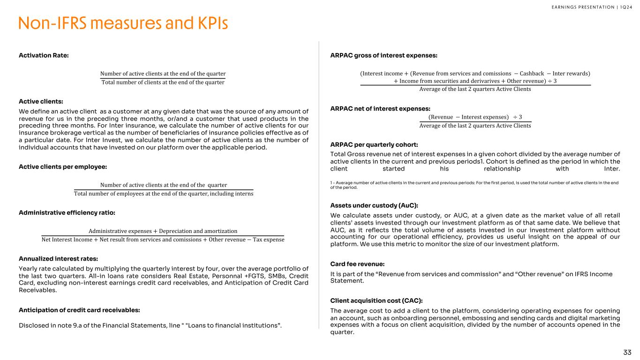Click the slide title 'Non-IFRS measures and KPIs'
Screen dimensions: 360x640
tap(123, 23)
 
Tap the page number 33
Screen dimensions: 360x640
tap(627, 352)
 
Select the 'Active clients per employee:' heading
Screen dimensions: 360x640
tap(63, 166)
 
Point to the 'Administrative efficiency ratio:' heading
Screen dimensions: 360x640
tap(67, 212)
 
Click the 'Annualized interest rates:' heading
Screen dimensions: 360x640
tap(58, 258)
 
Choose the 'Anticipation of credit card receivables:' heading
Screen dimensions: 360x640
tap(79, 309)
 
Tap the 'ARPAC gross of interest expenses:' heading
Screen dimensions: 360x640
tap(384, 55)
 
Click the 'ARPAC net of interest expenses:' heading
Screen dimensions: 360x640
tap(380, 109)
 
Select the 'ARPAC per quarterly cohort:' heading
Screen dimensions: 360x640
tap(374, 144)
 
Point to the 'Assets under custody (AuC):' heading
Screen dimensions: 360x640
tap(374, 205)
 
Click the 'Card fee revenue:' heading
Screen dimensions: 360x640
tap(357, 264)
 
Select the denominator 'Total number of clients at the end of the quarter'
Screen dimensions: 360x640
tap(163, 82)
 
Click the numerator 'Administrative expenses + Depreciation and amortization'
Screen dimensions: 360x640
tap(163, 231)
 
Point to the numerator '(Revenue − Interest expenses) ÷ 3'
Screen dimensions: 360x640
tap(475, 117)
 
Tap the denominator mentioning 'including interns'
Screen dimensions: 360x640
tap(164, 194)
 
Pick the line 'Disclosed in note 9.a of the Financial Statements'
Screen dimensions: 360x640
tap(150, 326)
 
